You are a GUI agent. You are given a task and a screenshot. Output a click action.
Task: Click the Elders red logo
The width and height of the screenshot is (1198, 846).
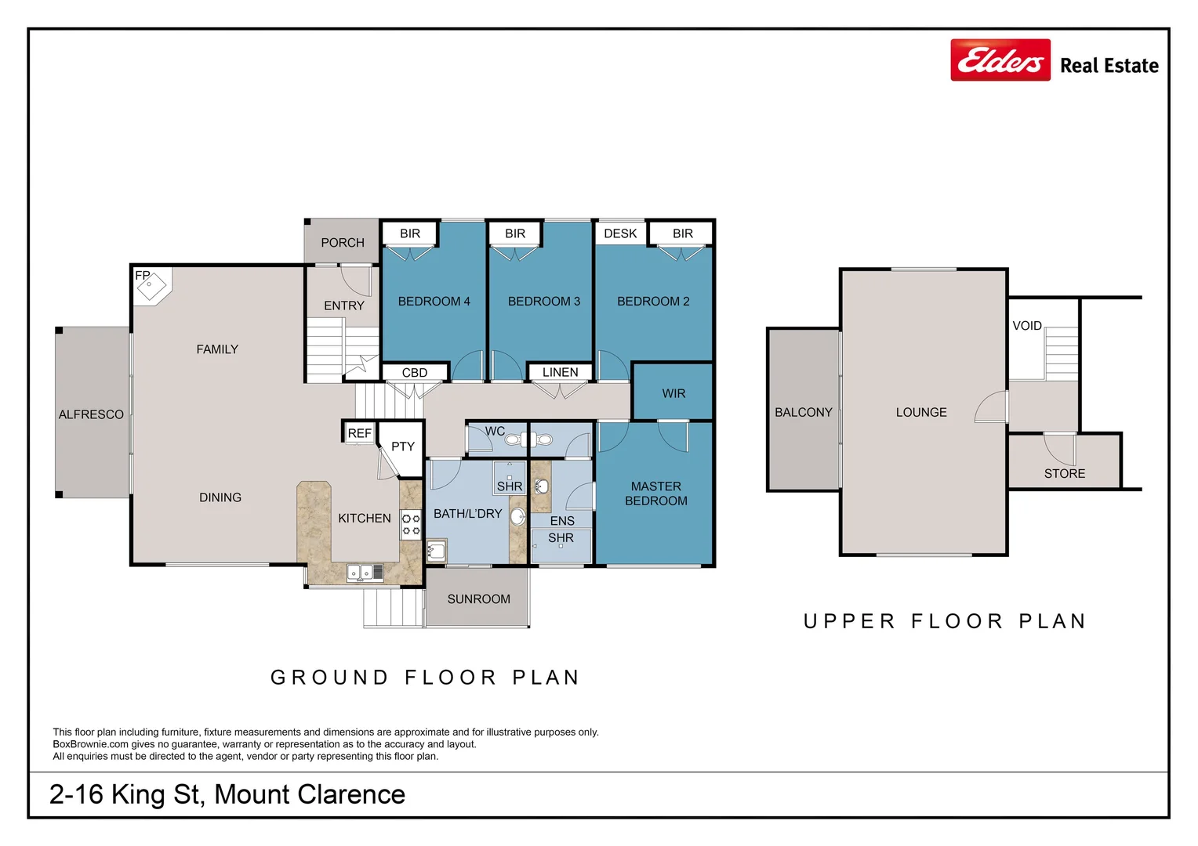click(1000, 60)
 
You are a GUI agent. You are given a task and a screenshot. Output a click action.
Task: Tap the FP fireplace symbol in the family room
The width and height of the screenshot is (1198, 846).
click(151, 287)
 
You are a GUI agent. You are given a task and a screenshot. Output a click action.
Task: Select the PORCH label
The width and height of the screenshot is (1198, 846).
click(343, 243)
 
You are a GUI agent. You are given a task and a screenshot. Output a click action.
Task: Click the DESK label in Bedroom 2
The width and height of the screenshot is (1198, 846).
click(620, 233)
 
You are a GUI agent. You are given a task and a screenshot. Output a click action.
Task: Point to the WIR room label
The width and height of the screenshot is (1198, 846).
click(673, 393)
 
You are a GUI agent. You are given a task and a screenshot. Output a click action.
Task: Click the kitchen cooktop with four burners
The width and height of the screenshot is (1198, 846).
click(411, 524)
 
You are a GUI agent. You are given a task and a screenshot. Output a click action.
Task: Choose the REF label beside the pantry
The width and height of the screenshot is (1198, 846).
click(359, 433)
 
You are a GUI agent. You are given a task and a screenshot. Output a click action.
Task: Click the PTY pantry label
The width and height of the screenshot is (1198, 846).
click(403, 446)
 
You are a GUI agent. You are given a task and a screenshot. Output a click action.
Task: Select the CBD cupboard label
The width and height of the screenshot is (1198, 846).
click(415, 373)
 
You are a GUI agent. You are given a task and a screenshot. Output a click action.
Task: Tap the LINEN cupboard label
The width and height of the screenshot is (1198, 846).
click(560, 372)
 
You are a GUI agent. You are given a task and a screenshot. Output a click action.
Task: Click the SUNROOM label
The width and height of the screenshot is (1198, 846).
click(479, 599)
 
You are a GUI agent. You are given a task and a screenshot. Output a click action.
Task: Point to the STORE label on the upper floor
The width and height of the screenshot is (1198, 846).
click(1064, 473)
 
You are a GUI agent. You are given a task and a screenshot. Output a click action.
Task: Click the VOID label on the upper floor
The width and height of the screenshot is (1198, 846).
click(1027, 325)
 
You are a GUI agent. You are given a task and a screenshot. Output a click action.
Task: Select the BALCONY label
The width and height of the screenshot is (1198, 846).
click(804, 412)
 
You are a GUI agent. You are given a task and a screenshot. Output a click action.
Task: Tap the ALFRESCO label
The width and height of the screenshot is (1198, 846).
click(91, 414)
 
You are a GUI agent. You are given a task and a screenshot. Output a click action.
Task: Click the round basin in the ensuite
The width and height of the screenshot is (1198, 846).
click(541, 486)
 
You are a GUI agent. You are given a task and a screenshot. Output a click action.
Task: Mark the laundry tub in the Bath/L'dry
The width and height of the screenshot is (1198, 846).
click(436, 551)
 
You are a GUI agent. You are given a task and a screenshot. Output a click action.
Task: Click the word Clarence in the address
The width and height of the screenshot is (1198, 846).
click(350, 794)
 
